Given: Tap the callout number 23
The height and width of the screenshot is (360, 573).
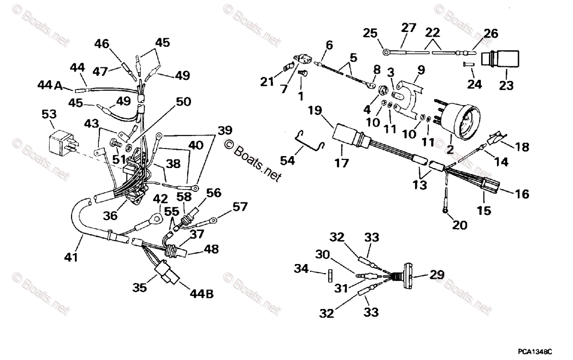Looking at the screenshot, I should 506,85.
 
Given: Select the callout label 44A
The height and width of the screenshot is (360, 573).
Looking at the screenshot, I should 50,85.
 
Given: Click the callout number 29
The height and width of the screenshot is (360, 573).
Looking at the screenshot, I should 436,275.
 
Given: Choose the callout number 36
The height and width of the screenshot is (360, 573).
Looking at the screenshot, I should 111,216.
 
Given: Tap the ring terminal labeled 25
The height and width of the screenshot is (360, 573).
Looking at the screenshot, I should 385,48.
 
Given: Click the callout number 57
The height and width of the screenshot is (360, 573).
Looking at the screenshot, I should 240,206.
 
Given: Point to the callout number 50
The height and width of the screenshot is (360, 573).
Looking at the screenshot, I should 183,102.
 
